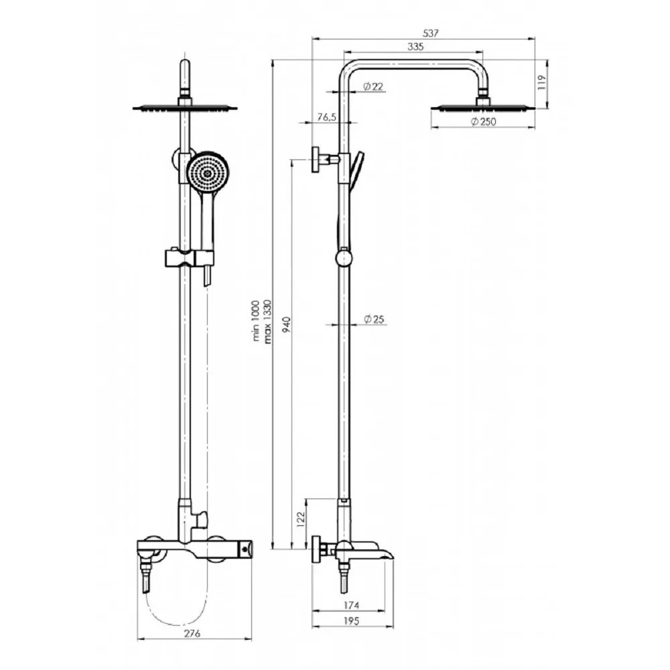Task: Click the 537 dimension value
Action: tap(430, 33)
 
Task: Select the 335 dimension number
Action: tap(415, 47)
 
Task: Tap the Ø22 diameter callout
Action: tap(373, 86)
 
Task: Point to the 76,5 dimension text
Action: tap(327, 117)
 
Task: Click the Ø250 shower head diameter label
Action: tap(484, 121)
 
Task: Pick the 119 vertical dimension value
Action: tap(542, 82)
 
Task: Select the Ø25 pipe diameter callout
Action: tap(375, 319)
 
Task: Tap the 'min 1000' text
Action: tap(256, 320)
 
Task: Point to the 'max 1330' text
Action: tap(267, 322)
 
